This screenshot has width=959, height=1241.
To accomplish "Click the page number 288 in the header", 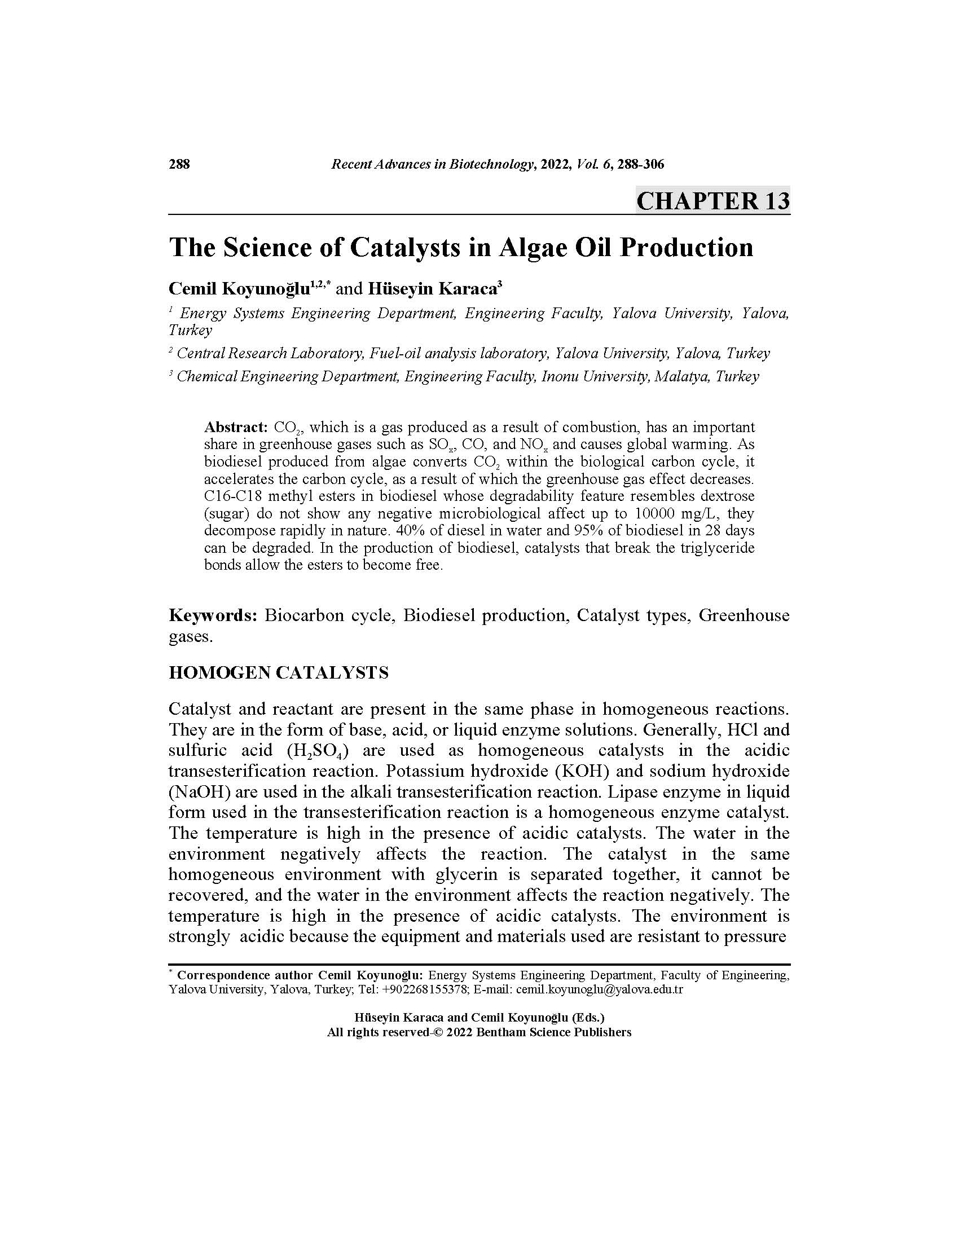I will click(179, 165).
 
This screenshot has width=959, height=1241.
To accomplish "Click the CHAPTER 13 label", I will click(712, 201).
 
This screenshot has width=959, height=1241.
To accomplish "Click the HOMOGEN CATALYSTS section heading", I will click(278, 673).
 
